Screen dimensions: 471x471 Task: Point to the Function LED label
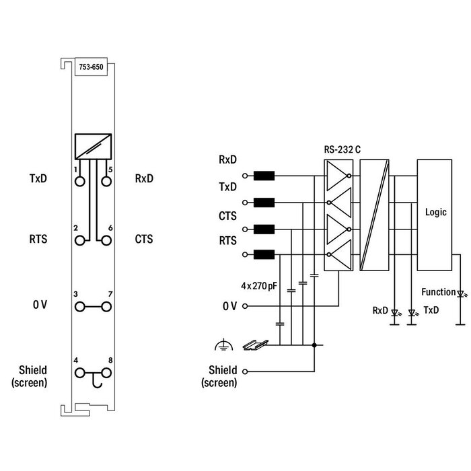(x=437, y=292)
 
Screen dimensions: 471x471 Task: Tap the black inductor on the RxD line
(x=264, y=176)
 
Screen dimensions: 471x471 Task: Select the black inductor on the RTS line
(x=264, y=254)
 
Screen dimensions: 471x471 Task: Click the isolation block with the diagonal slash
(x=374, y=215)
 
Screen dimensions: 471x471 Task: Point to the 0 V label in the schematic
(x=229, y=306)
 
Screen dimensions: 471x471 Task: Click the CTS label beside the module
(x=144, y=239)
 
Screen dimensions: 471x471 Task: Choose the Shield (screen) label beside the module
(x=30, y=377)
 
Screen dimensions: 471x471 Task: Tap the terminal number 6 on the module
(x=110, y=229)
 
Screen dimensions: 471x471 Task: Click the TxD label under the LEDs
(x=431, y=311)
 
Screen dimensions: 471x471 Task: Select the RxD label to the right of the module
(x=144, y=179)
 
